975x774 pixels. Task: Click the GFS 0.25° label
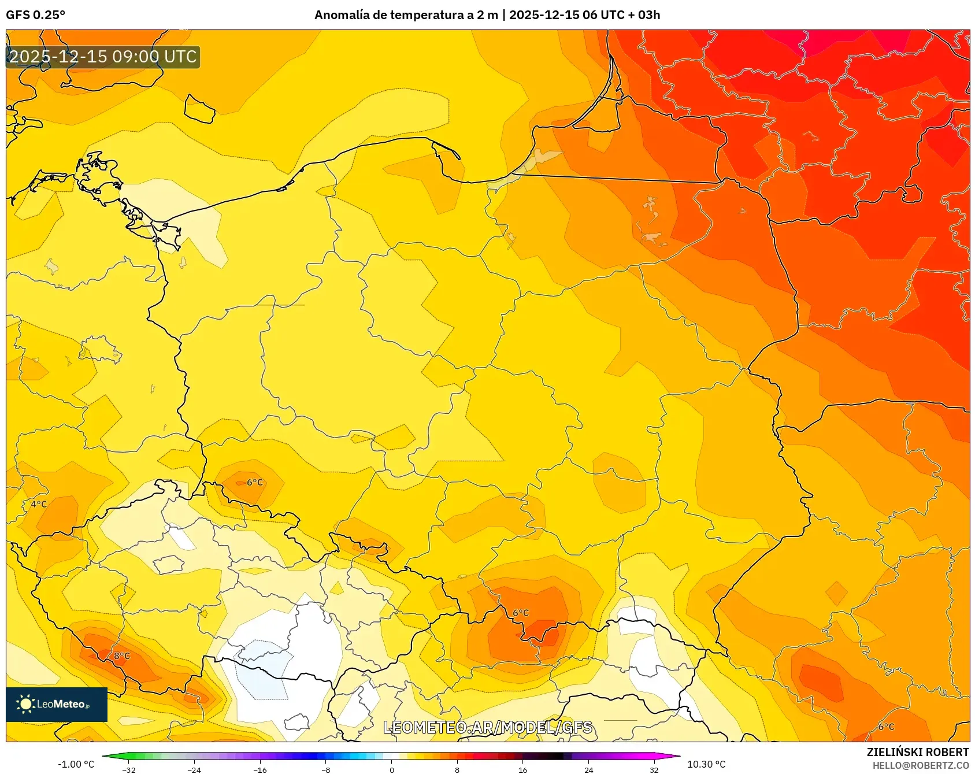(35, 15)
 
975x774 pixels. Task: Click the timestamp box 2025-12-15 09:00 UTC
(103, 57)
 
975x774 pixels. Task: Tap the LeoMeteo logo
(56, 704)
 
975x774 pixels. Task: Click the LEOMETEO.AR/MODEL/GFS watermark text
(488, 727)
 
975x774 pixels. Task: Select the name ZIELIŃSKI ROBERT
(917, 752)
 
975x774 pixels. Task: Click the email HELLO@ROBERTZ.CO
(920, 765)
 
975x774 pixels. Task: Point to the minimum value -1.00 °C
(76, 764)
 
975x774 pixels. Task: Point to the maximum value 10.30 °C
(706, 764)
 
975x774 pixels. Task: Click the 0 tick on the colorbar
(391, 769)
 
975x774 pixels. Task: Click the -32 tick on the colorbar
(129, 769)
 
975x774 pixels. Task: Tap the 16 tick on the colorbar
(522, 769)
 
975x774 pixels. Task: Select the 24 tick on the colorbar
(588, 769)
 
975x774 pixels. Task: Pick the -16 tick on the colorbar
(260, 769)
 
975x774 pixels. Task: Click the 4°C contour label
(39, 504)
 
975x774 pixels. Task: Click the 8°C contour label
(121, 656)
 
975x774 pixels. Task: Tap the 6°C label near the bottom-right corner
(886, 727)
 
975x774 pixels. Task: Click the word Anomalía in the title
(342, 15)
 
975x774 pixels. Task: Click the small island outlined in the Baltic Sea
(199, 109)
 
